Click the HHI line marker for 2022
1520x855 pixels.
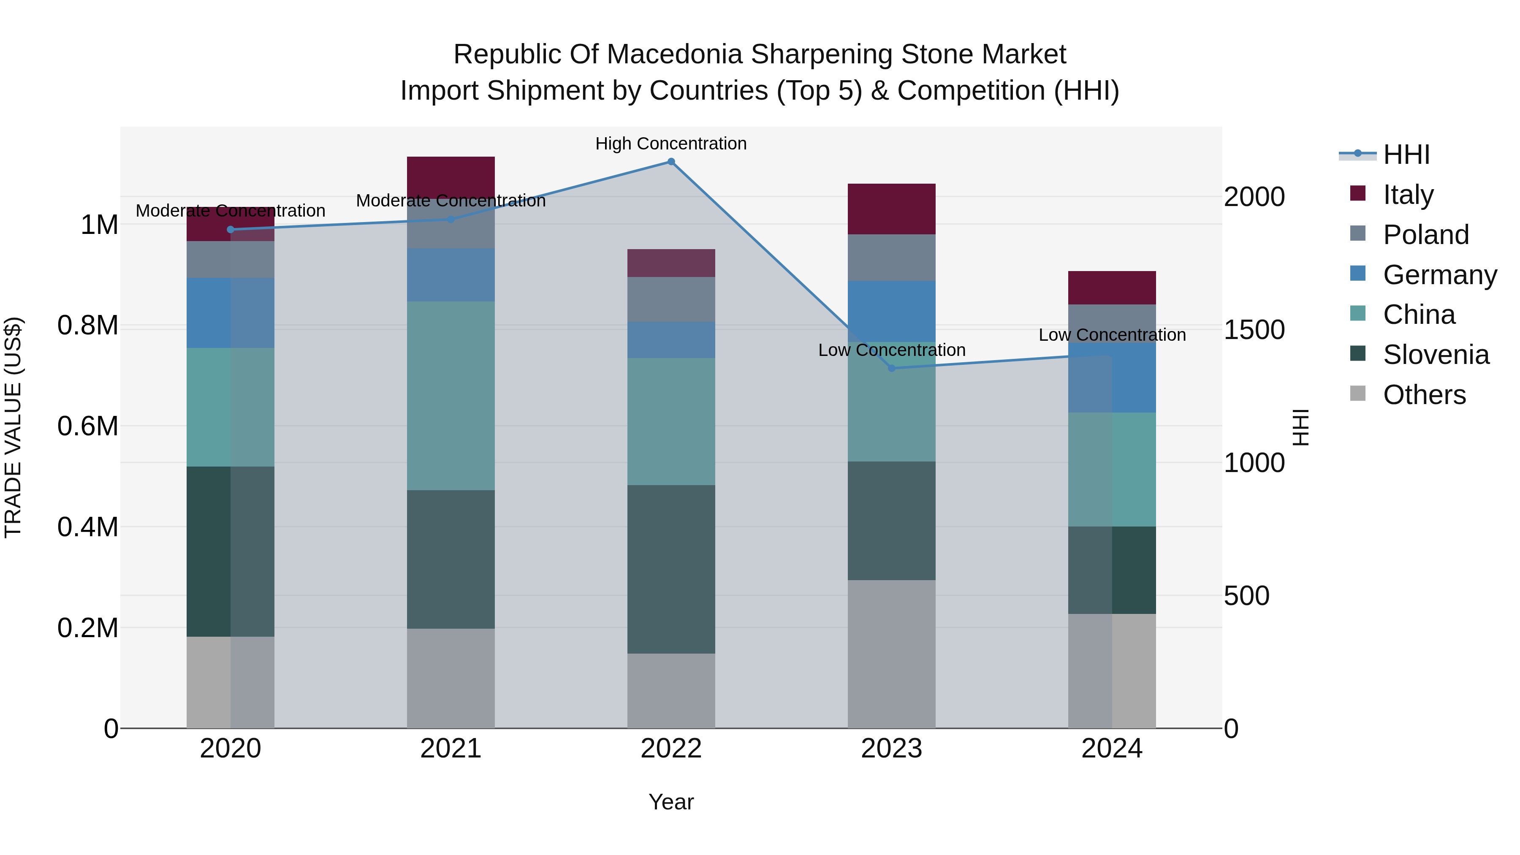click(671, 162)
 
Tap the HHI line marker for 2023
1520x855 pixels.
click(892, 368)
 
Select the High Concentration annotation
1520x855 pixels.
click(671, 144)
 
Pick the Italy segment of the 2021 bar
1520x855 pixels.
click(451, 177)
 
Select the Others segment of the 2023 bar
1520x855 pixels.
click(892, 654)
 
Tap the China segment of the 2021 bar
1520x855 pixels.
click(451, 395)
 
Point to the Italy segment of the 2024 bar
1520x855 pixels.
click(1112, 288)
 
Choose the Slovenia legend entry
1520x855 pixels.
click(1435, 355)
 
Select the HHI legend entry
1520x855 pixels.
click(1406, 155)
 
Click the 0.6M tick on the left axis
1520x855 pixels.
click(87, 426)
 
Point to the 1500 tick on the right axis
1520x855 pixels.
click(1254, 330)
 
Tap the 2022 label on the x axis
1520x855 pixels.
click(671, 749)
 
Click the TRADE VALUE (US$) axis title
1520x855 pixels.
click(13, 427)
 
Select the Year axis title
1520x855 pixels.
click(671, 802)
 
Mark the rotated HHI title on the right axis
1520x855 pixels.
click(1300, 427)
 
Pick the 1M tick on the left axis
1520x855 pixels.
click(99, 225)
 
